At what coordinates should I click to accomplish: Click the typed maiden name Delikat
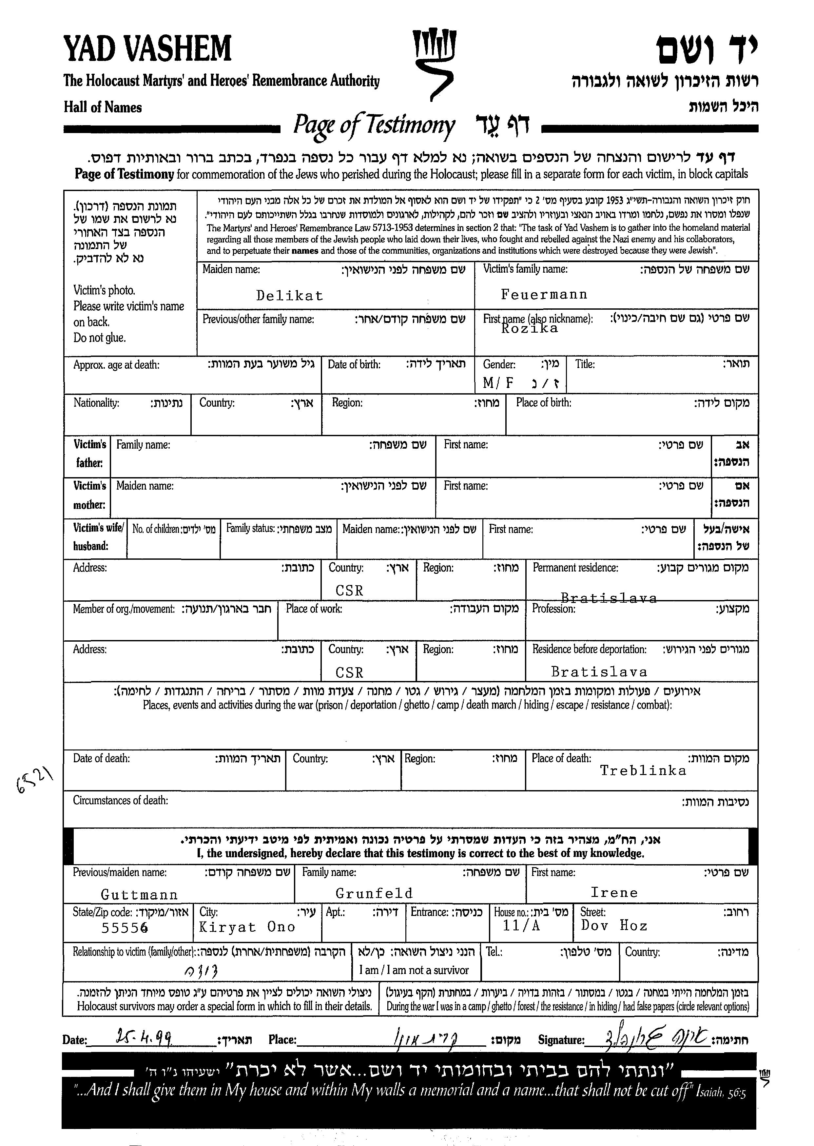[x=289, y=296]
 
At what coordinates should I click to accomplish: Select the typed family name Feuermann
[x=544, y=294]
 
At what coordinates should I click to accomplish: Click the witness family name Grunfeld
[x=374, y=893]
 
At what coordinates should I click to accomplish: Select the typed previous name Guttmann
[x=139, y=895]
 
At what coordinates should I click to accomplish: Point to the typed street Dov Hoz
[x=614, y=925]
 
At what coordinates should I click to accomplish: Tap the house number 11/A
[x=521, y=926]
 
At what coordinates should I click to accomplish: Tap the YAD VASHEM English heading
[x=148, y=49]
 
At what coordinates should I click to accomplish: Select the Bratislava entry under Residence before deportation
[x=599, y=672]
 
